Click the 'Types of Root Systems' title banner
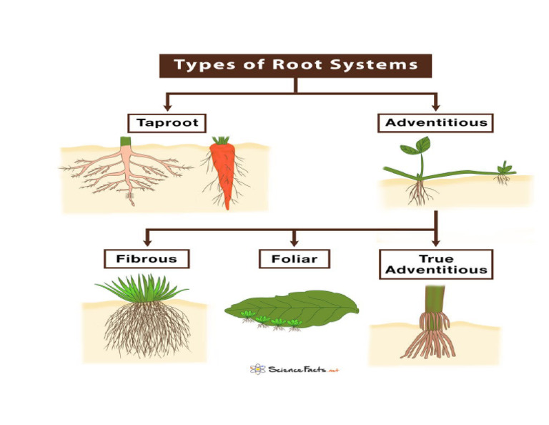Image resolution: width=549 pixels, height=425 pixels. pos(295,64)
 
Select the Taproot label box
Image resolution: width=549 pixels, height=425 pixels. pos(167,122)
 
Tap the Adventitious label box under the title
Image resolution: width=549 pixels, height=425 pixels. pos(435,122)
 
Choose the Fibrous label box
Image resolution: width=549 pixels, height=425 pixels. pos(147,258)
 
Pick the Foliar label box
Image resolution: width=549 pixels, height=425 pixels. pos(294,258)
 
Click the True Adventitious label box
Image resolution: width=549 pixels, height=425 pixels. pos(435,264)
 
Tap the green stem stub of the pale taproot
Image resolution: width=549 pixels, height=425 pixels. pos(126,141)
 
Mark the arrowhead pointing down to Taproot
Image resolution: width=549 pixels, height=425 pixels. pos(167,107)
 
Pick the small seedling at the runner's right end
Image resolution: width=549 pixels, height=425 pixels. pos(504,170)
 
